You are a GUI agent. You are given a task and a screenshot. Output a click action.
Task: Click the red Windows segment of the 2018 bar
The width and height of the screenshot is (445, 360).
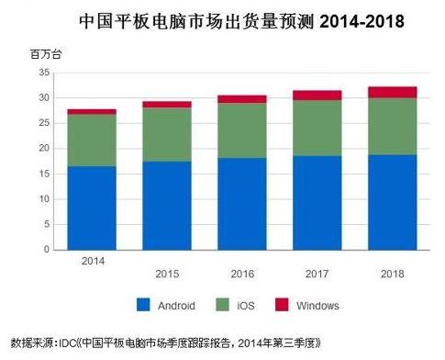pos(393,93)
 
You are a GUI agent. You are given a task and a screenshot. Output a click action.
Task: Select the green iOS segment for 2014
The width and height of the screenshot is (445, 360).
pos(92,141)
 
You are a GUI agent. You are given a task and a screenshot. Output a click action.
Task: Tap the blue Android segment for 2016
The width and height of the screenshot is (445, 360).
pos(242,204)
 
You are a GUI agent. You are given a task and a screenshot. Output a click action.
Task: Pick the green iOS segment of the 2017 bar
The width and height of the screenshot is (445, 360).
pos(317,128)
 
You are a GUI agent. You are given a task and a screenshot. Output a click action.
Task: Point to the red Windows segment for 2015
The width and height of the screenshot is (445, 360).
pos(167,105)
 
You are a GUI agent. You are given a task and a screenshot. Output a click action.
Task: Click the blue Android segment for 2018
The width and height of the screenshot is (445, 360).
pos(393,203)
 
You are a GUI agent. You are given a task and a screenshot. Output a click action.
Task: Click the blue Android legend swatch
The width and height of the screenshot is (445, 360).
pos(143,305)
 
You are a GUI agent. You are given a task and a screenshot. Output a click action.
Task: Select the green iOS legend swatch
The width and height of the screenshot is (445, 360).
pos(222,305)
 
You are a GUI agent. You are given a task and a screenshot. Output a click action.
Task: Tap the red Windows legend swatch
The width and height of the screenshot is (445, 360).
pos(282,305)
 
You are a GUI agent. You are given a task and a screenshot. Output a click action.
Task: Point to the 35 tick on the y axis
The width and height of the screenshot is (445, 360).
pos(44,73)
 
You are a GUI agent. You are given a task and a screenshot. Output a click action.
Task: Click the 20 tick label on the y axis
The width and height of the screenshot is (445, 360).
pos(44,149)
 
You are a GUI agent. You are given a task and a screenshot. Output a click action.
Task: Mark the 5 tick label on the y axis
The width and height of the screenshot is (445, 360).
pos(47,224)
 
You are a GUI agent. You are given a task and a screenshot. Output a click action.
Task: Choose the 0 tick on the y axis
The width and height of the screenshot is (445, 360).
pos(47,250)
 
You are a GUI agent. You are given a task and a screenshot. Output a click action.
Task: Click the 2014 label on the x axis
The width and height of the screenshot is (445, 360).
pos(93,261)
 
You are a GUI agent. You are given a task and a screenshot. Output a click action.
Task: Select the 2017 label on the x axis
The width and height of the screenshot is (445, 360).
pos(317,274)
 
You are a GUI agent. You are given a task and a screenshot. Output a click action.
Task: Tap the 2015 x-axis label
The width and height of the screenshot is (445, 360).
pos(167,274)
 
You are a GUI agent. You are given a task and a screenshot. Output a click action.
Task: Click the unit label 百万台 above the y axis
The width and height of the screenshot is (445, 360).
pos(46,54)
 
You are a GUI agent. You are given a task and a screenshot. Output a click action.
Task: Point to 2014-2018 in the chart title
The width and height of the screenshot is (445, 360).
pos(362,21)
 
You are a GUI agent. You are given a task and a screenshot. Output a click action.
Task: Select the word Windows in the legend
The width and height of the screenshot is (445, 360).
pos(317,306)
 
